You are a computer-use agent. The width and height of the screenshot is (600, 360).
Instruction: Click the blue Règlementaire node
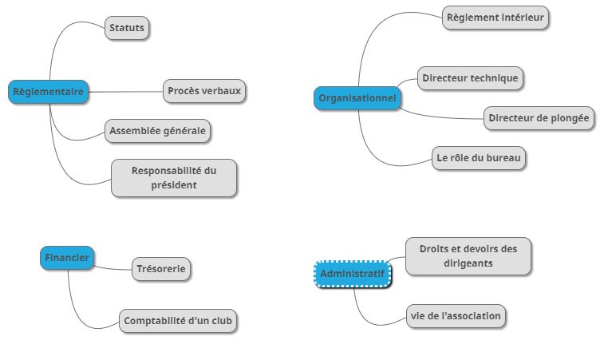pyautogui.click(x=48, y=92)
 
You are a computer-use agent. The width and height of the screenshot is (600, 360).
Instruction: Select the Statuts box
pyautogui.click(x=127, y=29)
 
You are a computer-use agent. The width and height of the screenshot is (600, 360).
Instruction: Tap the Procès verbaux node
pyautogui.click(x=204, y=90)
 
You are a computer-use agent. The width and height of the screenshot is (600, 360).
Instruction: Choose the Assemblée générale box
pyautogui.click(x=158, y=130)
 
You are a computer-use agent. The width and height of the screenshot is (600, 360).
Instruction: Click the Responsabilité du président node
pyautogui.click(x=174, y=178)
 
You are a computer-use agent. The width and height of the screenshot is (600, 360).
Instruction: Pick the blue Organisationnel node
pyautogui.click(x=357, y=98)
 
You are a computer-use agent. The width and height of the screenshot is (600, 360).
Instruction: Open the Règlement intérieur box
pyautogui.click(x=495, y=17)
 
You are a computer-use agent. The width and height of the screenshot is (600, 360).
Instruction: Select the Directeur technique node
pyautogui.click(x=471, y=78)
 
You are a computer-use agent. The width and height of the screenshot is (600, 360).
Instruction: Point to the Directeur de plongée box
pyautogui.click(x=539, y=118)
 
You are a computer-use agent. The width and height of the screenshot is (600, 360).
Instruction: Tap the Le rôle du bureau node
pyautogui.click(x=479, y=158)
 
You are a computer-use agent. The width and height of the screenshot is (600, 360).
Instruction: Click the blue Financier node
pyautogui.click(x=66, y=258)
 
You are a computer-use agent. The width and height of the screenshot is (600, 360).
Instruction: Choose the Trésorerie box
pyautogui.click(x=162, y=269)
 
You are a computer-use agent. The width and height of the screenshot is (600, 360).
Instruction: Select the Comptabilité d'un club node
pyautogui.click(x=180, y=321)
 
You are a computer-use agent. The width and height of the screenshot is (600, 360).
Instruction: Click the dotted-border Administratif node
pyautogui.click(x=352, y=275)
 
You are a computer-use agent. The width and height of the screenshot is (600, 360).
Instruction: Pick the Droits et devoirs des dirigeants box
pyautogui.click(x=468, y=255)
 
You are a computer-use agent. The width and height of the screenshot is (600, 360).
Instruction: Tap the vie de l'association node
pyautogui.click(x=456, y=316)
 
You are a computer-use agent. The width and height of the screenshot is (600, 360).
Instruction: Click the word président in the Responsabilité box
pyautogui.click(x=174, y=185)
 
